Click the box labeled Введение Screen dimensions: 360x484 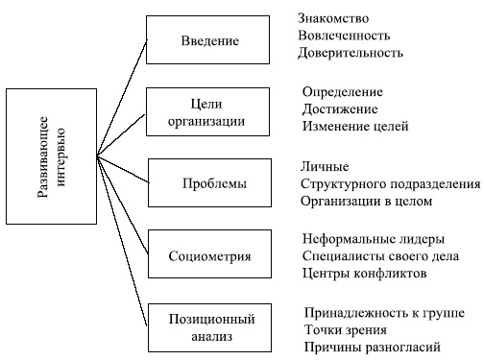pos(208,40)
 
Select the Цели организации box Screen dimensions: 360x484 pos(208,111)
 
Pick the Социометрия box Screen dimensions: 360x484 pos(210,256)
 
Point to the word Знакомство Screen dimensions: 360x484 pos(334,18)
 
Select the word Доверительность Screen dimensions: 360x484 pos(351,53)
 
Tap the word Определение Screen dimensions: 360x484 pos(343,92)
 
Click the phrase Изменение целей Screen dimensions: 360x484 pos(355,126)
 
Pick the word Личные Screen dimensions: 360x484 pos(325,167)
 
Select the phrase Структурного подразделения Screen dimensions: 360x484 pos(390,184)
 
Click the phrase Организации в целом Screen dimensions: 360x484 pos(367,202)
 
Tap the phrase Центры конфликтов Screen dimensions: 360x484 pos(364,274)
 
